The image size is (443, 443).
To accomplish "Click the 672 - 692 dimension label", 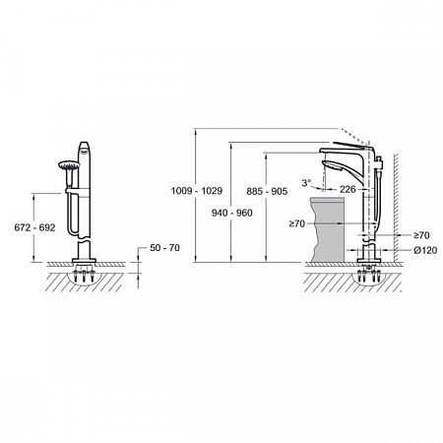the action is [x=34, y=227].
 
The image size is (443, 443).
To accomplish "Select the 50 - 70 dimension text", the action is [x=164, y=248].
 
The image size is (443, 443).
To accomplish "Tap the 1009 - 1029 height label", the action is [x=197, y=191].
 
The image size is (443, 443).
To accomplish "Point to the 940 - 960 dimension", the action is [x=232, y=213].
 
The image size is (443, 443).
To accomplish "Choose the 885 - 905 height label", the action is [x=267, y=191].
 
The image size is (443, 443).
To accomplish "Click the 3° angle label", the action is [x=306, y=183].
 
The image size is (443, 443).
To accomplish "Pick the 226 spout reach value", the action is [x=348, y=189].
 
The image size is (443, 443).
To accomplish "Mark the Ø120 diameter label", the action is [x=425, y=250].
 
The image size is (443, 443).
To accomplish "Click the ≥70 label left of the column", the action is [x=297, y=223].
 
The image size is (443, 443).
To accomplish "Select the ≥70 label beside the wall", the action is [x=421, y=235].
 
